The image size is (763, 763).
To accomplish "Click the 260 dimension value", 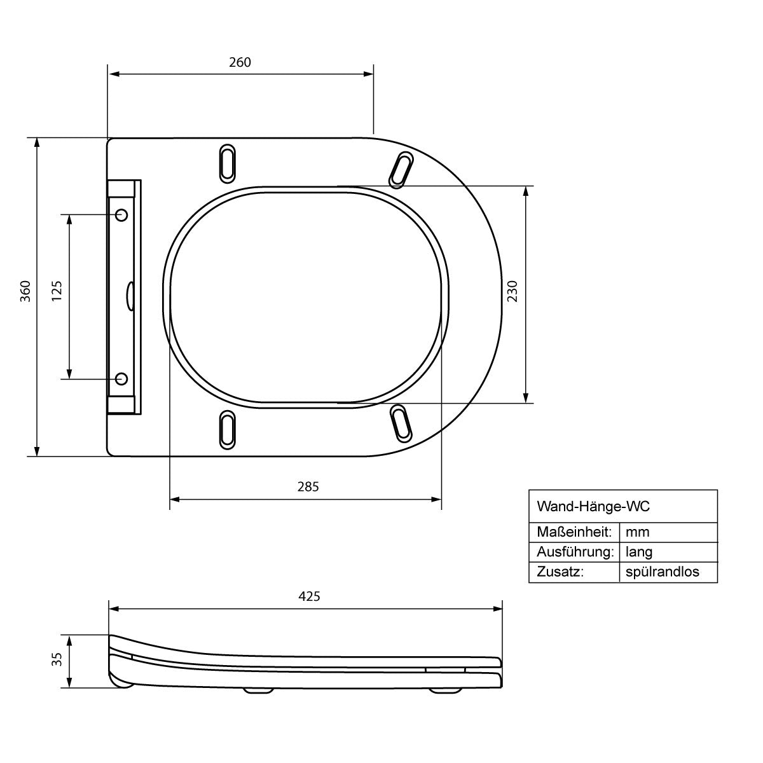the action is pyautogui.click(x=240, y=62).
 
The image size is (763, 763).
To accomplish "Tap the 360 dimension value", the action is pyautogui.click(x=25, y=291).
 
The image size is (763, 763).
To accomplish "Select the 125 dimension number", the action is pyautogui.click(x=57, y=291).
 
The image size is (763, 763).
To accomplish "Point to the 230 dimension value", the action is pyautogui.click(x=512, y=291).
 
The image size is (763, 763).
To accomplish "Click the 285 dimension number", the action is pyautogui.click(x=308, y=486).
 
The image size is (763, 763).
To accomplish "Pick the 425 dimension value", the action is pyautogui.click(x=309, y=596).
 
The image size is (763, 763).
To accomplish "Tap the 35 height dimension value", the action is pyautogui.click(x=57, y=659).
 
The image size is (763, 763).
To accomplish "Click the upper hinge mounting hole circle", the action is pyautogui.click(x=121, y=215).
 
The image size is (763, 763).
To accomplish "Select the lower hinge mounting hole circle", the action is pyautogui.click(x=121, y=379).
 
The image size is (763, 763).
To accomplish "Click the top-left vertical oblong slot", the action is pyautogui.click(x=227, y=163).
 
